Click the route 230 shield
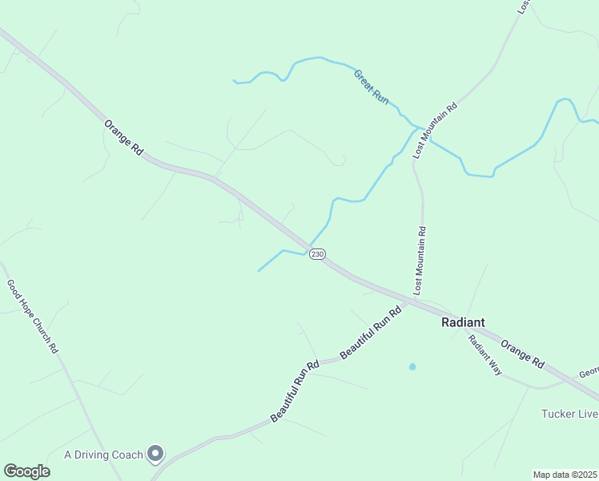click(317, 254)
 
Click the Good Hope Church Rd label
click(32, 317)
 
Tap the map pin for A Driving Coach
click(155, 455)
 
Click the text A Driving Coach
click(104, 455)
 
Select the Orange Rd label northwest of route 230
click(123, 137)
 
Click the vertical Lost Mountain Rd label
click(419, 258)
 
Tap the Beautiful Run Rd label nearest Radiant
click(370, 333)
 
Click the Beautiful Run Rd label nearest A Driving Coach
click(295, 392)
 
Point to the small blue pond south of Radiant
click(412, 366)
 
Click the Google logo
click(26, 471)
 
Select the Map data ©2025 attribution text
click(564, 475)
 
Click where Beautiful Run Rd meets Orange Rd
click(412, 302)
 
